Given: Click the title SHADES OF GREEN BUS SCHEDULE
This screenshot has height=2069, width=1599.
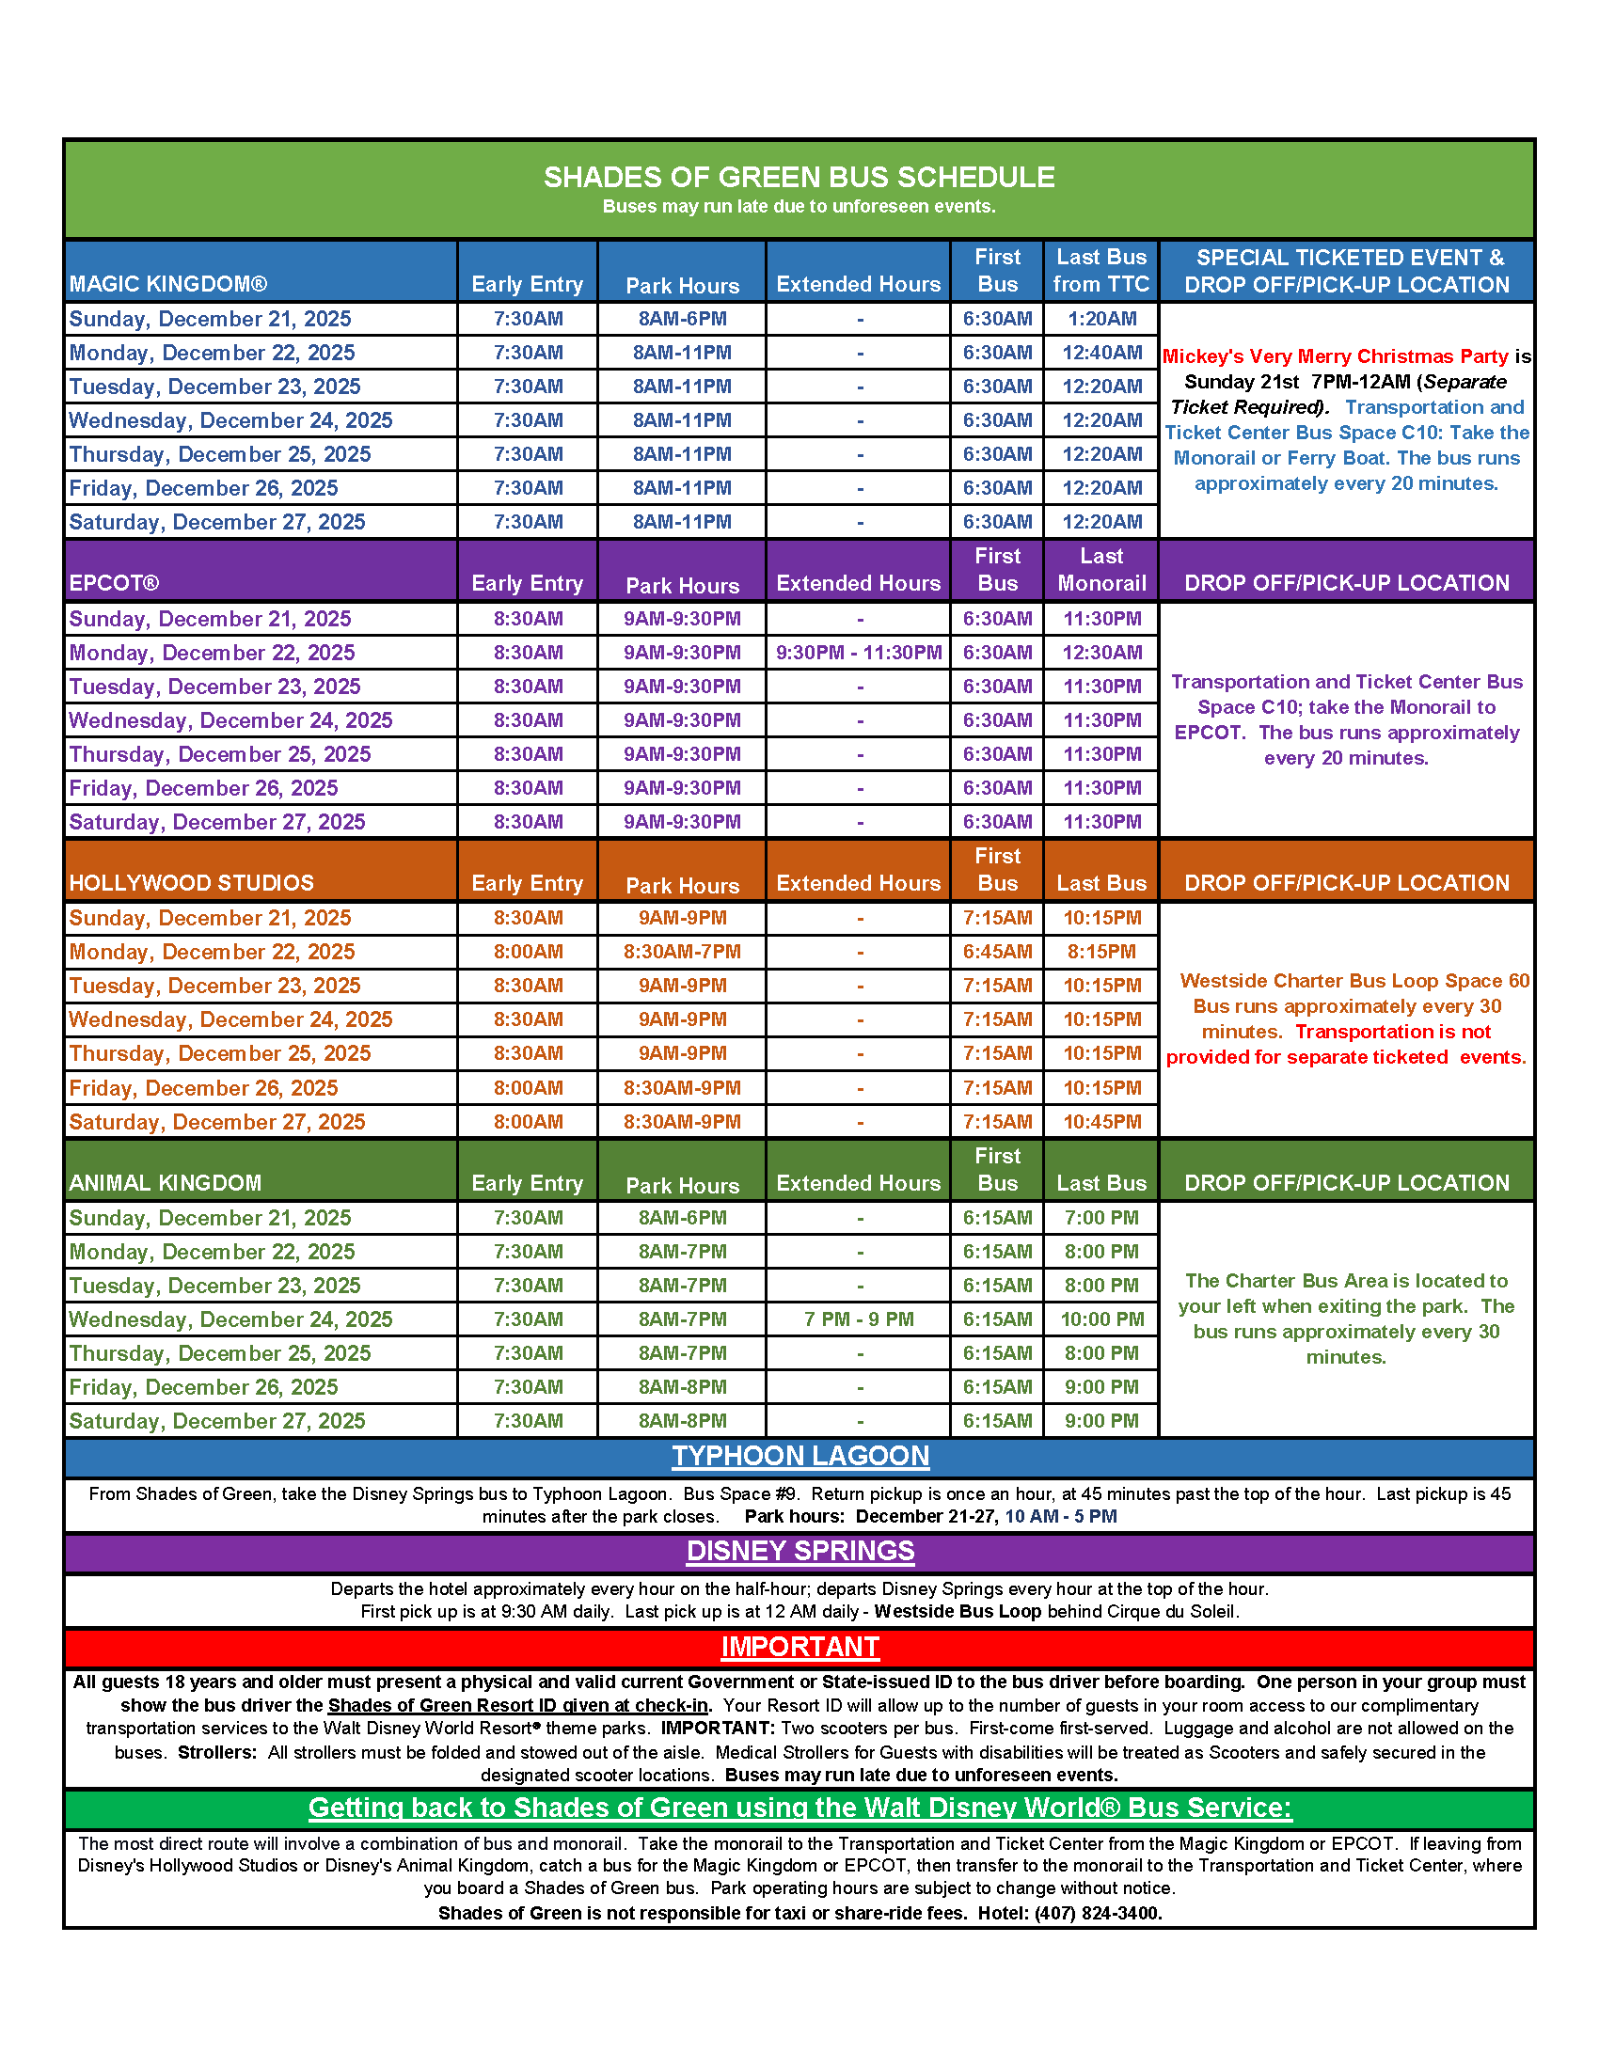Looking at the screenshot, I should click(x=799, y=177).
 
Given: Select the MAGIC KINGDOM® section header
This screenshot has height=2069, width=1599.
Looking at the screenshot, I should click(x=167, y=284).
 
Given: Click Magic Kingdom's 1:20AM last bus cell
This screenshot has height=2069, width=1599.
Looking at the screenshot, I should click(x=1100, y=319).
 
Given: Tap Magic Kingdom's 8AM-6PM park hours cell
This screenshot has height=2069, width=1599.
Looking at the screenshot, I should click(x=682, y=319).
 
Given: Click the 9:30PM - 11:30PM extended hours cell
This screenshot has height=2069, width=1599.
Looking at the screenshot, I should click(x=858, y=653).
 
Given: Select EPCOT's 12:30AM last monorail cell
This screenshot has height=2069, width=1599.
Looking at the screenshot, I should click(x=1100, y=653).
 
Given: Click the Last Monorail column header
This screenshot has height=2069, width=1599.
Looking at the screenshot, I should click(x=1100, y=569).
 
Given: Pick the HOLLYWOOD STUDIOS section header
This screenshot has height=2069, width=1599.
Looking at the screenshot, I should click(x=191, y=883).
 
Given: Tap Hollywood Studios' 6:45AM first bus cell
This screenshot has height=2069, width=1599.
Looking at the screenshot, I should click(x=997, y=952).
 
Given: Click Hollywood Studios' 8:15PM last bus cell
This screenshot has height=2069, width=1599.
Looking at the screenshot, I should click(x=1100, y=952).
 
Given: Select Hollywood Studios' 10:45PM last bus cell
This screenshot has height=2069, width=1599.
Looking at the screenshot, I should click(x=1100, y=1122).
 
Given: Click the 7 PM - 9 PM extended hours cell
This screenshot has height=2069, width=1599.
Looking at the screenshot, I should click(x=858, y=1319).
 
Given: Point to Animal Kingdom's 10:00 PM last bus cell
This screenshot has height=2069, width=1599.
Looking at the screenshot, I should click(x=1100, y=1319).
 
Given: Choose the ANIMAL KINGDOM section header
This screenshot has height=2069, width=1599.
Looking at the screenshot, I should click(x=165, y=1183).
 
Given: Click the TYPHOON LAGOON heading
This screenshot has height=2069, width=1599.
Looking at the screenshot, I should click(x=799, y=1456).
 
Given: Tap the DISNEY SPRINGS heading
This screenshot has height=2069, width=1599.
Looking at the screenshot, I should click(x=799, y=1551).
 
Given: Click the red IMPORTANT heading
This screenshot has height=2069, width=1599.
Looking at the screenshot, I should click(x=799, y=1647).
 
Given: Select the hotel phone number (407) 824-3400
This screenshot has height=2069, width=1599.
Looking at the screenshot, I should click(x=1098, y=1913).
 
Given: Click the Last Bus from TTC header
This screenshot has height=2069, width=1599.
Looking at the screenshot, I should click(x=1100, y=271).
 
